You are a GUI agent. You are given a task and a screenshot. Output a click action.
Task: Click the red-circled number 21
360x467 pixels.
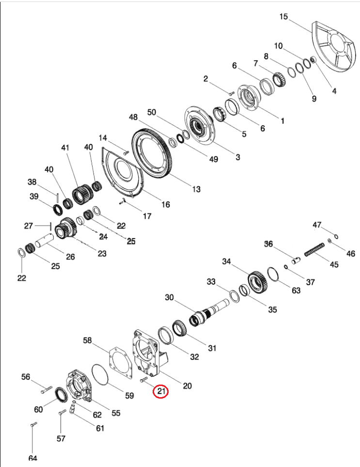[x=161, y=391]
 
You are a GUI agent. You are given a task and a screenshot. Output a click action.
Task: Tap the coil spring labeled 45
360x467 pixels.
[x=314, y=249]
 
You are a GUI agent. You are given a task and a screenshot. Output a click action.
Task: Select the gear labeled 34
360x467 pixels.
[x=257, y=281]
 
